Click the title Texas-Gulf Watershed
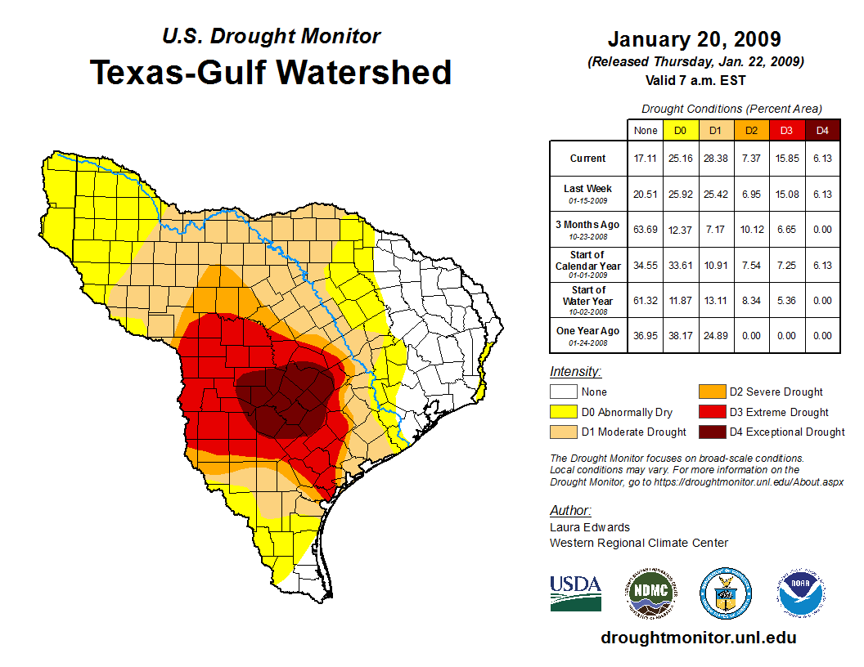click(x=271, y=72)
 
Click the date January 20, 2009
click(x=695, y=39)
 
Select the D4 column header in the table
click(x=822, y=130)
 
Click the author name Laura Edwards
click(x=589, y=527)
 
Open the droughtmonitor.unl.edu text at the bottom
click(x=698, y=638)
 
